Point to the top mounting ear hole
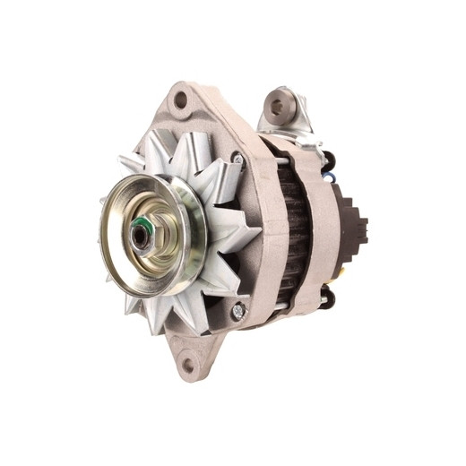(x=180, y=100)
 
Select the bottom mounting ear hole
(x=189, y=364)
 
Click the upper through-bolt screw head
(x=237, y=160)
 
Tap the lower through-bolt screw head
(x=237, y=312)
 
